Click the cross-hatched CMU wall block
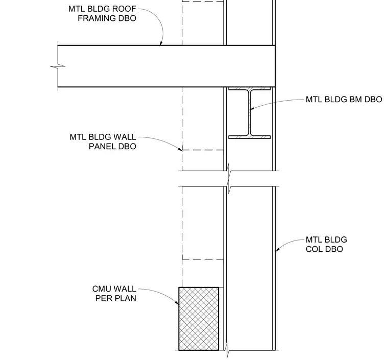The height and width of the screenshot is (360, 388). pos(199,319)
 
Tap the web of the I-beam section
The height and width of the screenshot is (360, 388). pos(250,112)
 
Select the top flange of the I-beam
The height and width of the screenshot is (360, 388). pos(250,88)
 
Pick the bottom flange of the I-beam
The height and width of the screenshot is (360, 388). pos(250,137)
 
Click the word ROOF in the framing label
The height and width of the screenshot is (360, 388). pos(124,9)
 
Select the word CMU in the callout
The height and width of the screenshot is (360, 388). pos(101,289)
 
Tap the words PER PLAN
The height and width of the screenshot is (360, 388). pos(116,298)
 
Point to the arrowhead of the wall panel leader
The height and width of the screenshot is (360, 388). pos(180,149)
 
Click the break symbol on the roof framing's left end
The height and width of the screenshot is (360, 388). pos(58,66)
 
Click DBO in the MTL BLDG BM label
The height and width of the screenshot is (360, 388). pos(373,100)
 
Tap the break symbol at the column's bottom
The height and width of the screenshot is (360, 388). pos(228,352)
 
